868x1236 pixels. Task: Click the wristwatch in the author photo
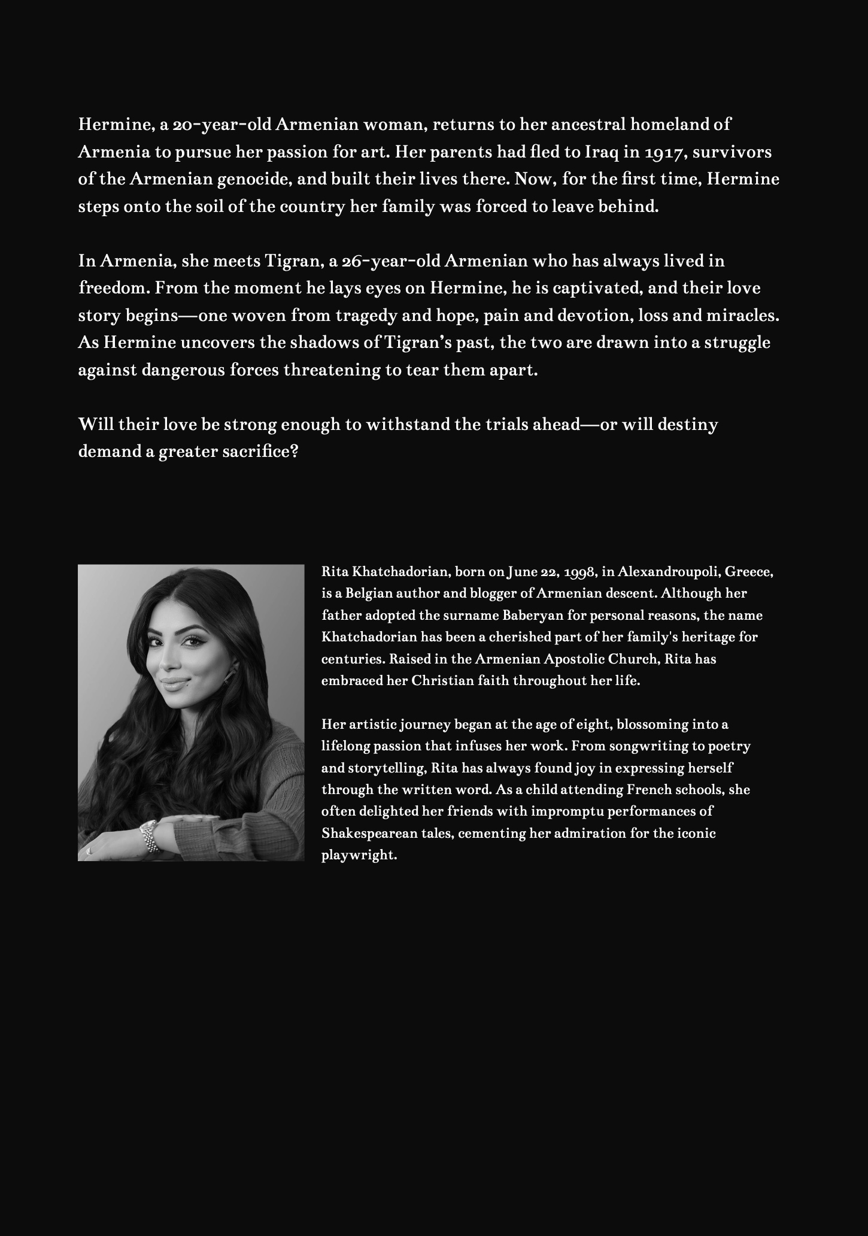click(148, 835)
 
